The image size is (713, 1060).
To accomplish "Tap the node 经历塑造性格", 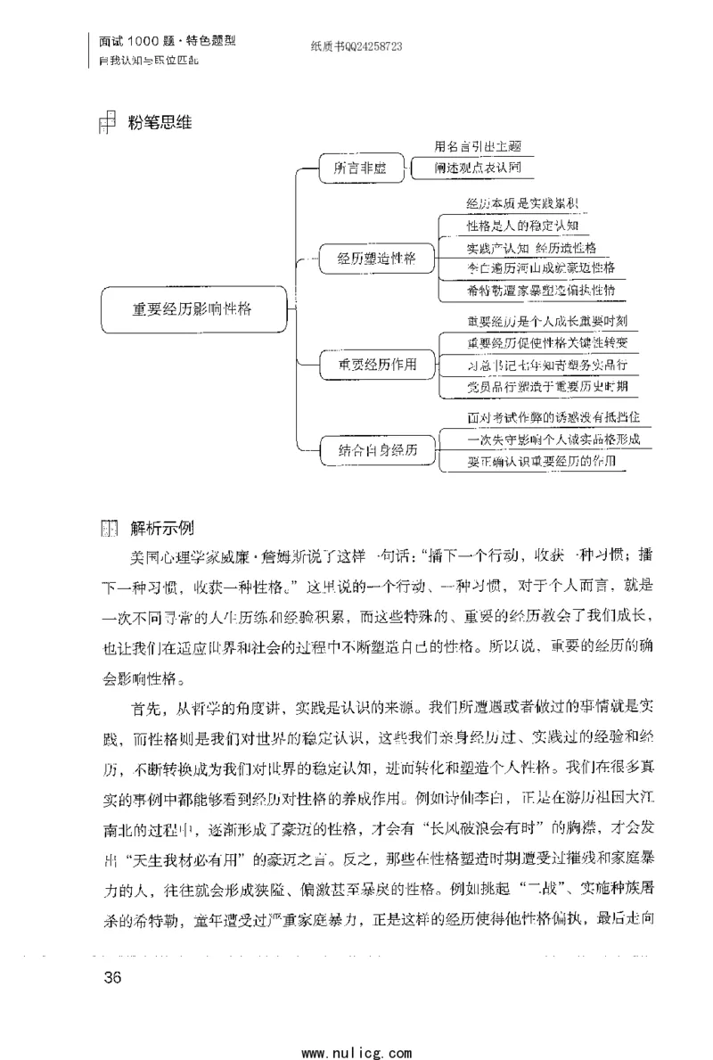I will coord(376,259).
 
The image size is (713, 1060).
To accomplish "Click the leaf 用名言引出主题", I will coord(478,146).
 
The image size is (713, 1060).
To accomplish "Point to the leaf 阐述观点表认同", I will coord(478,167).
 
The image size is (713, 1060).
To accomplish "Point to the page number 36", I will coord(112,976).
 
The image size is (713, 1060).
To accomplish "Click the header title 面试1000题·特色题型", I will coord(167,42).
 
